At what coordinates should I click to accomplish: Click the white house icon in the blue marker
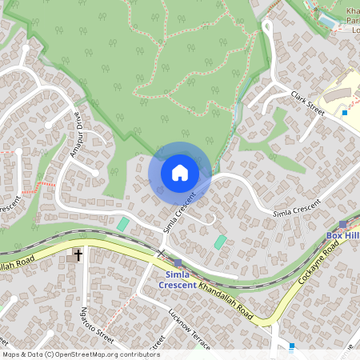180,173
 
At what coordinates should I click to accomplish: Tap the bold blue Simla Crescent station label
177,279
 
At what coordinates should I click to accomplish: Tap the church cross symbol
78,255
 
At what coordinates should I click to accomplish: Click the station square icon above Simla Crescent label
177,262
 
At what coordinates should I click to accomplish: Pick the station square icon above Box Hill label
342,225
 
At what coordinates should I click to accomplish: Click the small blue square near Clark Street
345,113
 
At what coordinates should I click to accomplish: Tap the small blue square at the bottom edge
291,346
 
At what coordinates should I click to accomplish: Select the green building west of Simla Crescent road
122,224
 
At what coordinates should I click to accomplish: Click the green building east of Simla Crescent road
220,242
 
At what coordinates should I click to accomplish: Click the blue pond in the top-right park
327,17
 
